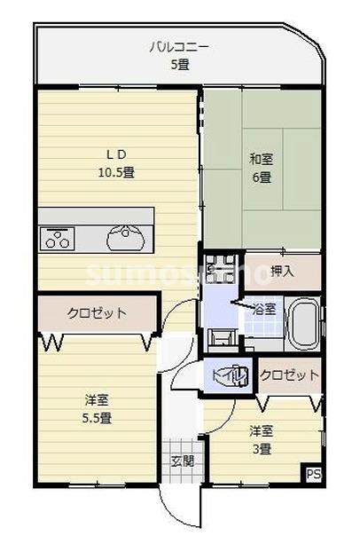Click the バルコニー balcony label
click(180, 56)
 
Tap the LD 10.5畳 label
click(115, 163)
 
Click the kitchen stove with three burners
click(59, 237)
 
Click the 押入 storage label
click(282, 272)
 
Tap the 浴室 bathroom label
click(264, 310)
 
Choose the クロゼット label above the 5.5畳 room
click(97, 312)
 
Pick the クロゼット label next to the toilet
click(290, 375)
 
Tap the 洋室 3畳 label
click(262, 439)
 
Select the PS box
click(313, 475)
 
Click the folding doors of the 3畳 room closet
click(288, 401)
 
